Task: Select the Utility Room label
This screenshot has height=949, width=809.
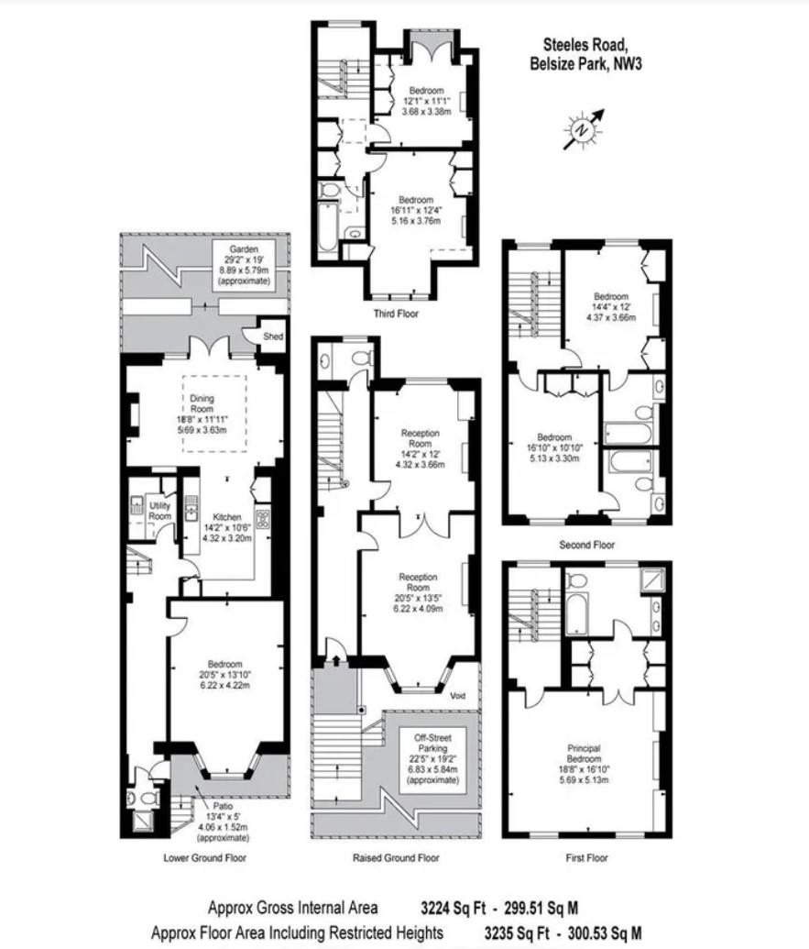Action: pos(160,511)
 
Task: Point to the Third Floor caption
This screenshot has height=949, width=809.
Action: pos(396,314)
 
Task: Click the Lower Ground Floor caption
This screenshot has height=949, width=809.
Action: pos(204,858)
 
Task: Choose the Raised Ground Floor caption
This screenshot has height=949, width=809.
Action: pos(396,858)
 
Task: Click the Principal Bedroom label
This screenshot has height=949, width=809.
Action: pos(584,754)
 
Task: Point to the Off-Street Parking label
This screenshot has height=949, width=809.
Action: pos(432,744)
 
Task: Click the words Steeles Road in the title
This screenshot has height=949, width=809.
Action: pos(585,43)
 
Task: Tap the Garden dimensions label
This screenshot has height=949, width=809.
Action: pos(244,265)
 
